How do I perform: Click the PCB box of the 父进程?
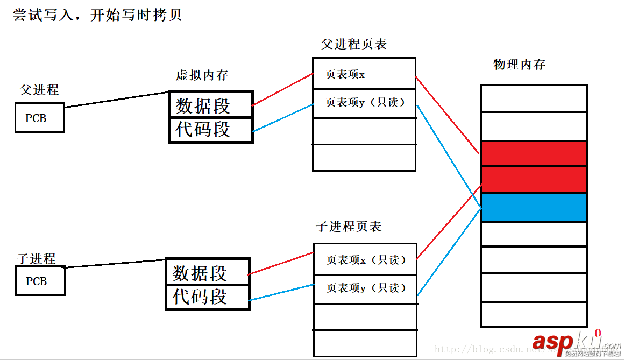click(x=39, y=118)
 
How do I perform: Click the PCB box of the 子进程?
click(x=40, y=281)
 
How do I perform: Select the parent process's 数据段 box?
click(x=211, y=104)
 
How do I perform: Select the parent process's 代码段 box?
click(x=211, y=130)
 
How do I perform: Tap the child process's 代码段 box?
click(x=208, y=297)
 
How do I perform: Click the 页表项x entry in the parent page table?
click(x=364, y=74)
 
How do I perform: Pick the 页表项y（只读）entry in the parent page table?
click(x=364, y=103)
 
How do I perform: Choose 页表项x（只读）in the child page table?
click(x=365, y=260)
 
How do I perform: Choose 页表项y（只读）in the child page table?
click(x=365, y=288)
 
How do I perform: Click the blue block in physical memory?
click(x=534, y=207)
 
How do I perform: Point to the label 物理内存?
click(x=519, y=65)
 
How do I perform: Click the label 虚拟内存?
click(x=202, y=75)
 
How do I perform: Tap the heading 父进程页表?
click(x=354, y=44)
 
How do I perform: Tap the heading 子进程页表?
click(x=349, y=227)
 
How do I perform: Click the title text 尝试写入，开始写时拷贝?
click(x=97, y=15)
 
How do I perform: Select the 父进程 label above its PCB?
click(x=39, y=89)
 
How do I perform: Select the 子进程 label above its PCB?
click(x=36, y=258)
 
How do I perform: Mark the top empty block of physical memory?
click(x=534, y=98)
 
